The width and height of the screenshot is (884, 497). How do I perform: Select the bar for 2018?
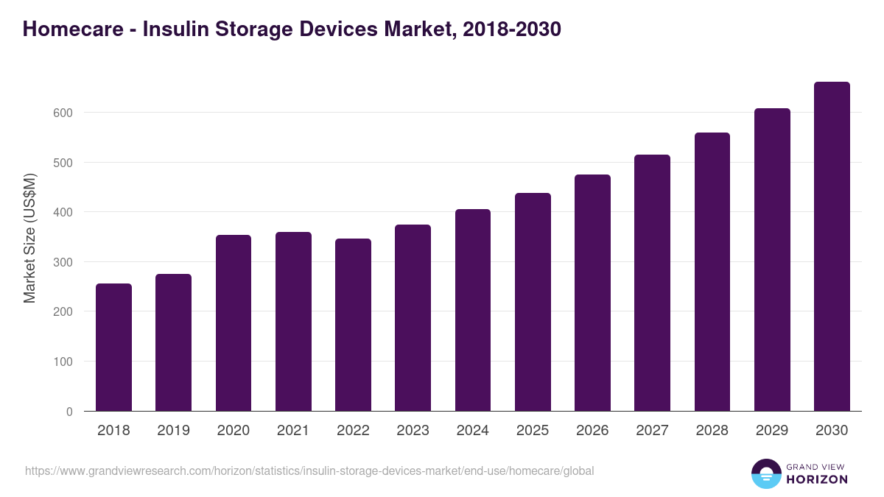[113, 348]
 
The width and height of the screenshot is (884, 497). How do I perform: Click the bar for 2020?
[234, 323]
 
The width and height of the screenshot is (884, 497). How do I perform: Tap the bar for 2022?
[353, 325]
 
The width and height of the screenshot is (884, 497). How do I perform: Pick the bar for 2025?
[533, 302]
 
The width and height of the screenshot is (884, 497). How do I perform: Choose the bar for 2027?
[653, 283]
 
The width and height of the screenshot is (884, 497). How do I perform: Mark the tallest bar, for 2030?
[832, 247]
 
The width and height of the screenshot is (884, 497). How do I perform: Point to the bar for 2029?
[772, 260]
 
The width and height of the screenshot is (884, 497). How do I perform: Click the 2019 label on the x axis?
[173, 431]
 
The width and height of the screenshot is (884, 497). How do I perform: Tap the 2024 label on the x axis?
[472, 431]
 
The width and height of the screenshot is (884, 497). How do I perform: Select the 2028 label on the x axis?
[712, 431]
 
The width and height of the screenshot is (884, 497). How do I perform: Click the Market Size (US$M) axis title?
[29, 238]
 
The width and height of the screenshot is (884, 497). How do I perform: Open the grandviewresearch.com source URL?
[309, 470]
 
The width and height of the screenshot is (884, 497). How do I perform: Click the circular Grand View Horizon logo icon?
[766, 473]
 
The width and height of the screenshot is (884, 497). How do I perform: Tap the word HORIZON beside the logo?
[816, 479]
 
